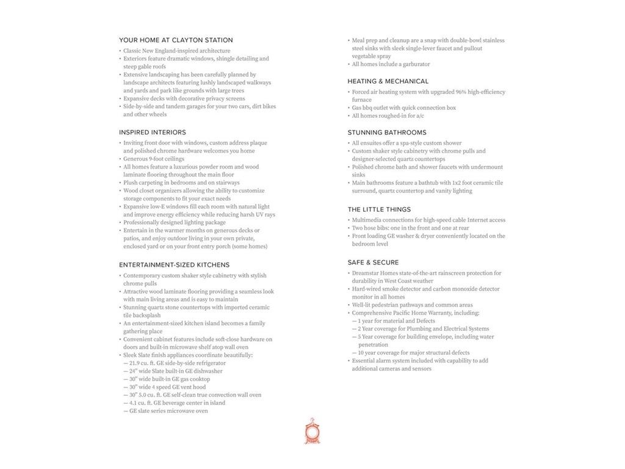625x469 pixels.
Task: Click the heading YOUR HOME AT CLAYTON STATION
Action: [x=176, y=40]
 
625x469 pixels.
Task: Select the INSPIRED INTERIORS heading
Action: [x=153, y=133]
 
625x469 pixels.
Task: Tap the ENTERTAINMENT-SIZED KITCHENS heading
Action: [x=175, y=265]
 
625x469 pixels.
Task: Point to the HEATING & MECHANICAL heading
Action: [x=388, y=81]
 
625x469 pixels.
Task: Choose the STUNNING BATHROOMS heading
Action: [x=387, y=133]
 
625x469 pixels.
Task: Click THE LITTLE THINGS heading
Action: [x=379, y=209]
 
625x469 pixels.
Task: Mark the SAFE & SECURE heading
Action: [x=373, y=263]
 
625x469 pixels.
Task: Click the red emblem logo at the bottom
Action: [x=312, y=432]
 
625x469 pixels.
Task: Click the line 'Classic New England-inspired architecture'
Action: [x=176, y=51]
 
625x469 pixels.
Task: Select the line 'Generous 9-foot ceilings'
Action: [x=153, y=159]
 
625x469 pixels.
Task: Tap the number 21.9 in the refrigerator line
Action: [x=135, y=363]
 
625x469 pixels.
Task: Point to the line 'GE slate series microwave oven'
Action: [x=168, y=411]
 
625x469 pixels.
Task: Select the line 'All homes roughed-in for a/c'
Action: [x=388, y=116]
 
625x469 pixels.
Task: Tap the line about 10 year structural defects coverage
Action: [x=413, y=353]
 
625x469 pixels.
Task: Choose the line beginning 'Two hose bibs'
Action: [x=410, y=228]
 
